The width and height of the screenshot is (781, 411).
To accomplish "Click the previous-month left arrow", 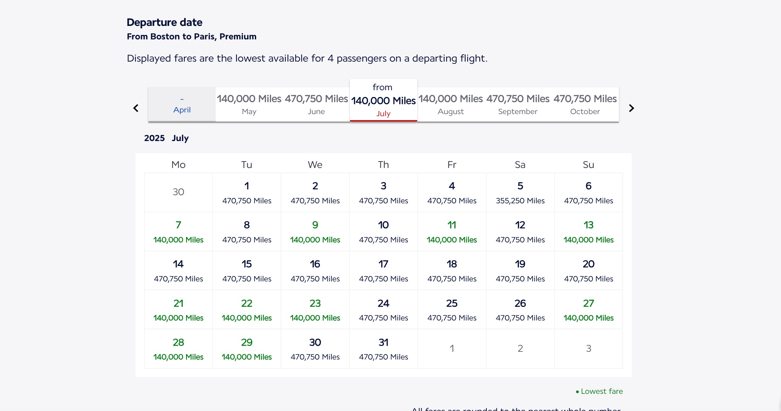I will click(x=136, y=108).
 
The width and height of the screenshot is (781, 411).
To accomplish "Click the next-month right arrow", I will click(x=631, y=108).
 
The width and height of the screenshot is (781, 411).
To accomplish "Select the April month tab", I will click(x=182, y=105).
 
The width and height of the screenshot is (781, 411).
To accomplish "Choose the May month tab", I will click(x=249, y=105).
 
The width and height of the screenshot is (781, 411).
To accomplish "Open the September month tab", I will click(x=518, y=105).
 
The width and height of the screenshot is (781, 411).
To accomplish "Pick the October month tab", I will click(x=585, y=105).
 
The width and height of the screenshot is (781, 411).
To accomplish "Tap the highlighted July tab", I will click(x=383, y=101).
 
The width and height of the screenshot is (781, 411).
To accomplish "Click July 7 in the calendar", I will click(x=178, y=232).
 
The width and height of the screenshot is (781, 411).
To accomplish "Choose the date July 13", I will click(x=589, y=232).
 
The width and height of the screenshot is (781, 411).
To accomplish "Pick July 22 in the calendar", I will click(x=247, y=310).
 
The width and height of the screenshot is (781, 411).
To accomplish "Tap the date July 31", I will click(x=383, y=349).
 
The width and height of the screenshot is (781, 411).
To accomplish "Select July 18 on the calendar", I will click(x=452, y=271).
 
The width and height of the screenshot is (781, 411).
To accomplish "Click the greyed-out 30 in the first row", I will click(x=178, y=192).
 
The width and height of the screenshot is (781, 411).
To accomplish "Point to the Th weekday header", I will click(x=383, y=165).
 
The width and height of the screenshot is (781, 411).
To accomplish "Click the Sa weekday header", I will click(x=520, y=165).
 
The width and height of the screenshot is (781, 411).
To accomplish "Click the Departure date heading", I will click(x=164, y=22).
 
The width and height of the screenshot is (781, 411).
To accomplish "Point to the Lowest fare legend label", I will click(x=601, y=391).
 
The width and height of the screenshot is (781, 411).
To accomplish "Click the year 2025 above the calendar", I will click(x=154, y=138).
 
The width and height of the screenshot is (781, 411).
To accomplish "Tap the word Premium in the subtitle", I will click(x=238, y=36).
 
